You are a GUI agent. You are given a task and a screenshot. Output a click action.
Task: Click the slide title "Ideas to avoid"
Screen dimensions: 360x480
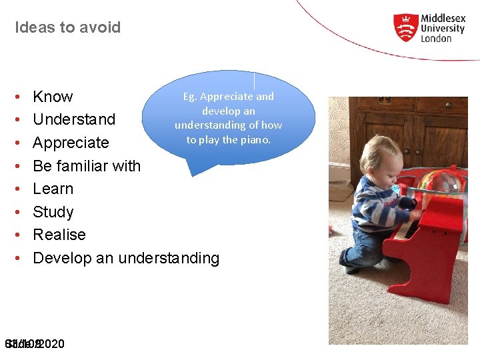coord(67,28)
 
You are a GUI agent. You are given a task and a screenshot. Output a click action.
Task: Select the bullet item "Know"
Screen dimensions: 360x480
coord(53,97)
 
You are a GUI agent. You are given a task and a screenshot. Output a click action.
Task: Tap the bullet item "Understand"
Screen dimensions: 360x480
coord(74,120)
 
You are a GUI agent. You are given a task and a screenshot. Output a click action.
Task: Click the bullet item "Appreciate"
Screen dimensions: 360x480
coord(71,143)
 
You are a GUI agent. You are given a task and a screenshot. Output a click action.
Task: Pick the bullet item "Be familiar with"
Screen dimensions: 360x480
coord(87,166)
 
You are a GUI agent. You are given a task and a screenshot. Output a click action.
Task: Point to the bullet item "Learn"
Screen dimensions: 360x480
coord(53,189)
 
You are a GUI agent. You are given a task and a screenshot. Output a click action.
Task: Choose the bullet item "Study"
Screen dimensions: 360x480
coord(53,212)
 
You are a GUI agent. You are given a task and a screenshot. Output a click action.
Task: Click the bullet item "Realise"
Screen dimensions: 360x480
coord(59,235)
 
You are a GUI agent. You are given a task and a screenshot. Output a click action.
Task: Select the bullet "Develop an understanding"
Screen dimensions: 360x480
coord(126,258)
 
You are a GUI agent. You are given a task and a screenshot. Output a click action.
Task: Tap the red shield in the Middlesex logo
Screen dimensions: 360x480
coord(405,27)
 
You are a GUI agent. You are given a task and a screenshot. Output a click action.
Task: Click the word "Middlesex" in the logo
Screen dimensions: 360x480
coord(443,19)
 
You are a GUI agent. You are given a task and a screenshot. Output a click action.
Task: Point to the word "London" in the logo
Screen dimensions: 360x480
coord(436,39)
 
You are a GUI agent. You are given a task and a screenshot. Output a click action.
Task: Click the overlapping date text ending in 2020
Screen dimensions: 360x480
coord(35,344)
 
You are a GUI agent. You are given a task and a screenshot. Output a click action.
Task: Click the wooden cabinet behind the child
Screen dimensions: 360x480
coord(407,133)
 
